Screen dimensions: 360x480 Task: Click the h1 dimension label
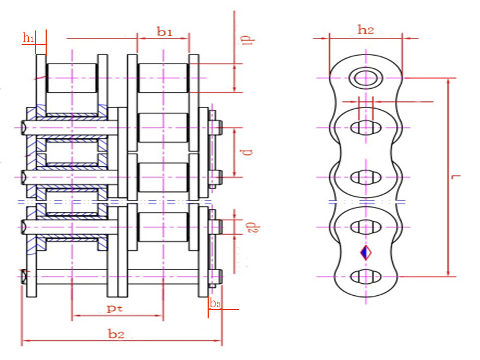tap(28, 38)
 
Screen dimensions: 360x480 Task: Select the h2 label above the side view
tap(365, 29)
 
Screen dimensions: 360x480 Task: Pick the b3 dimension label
tap(215, 304)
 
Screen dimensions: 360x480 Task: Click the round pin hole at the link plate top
tap(365, 77)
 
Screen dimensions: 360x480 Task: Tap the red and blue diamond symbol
tap(365, 252)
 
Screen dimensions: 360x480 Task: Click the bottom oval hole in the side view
tap(365, 276)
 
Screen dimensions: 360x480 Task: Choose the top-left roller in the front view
tap(71, 78)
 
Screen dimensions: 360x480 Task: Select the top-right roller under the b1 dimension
tap(163, 78)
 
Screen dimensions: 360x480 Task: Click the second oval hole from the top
tap(365, 177)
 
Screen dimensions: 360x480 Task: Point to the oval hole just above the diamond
tap(365, 227)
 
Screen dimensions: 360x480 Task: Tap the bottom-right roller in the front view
tap(163, 227)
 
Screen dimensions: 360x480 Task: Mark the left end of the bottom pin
tap(25, 277)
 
